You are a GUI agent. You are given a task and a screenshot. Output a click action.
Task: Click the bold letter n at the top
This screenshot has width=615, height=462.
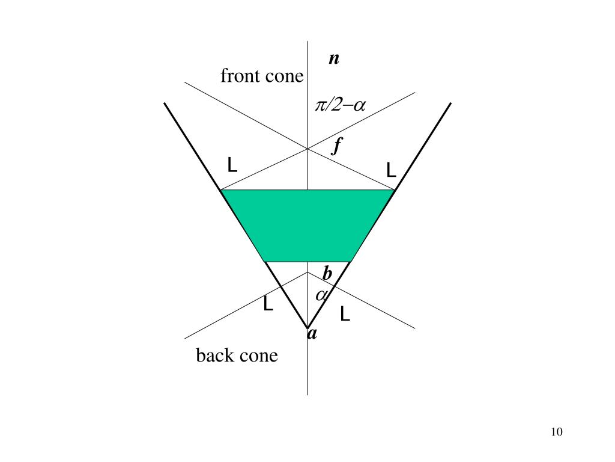pyautogui.click(x=334, y=59)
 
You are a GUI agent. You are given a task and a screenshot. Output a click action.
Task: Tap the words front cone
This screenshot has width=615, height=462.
pyautogui.click(x=262, y=77)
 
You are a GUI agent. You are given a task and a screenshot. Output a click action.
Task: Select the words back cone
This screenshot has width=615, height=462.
pyautogui.click(x=237, y=356)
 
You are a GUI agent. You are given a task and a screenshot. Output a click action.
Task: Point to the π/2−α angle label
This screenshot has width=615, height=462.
pyautogui.click(x=340, y=106)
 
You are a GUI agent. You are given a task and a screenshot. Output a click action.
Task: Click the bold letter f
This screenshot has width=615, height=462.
pyautogui.click(x=338, y=146)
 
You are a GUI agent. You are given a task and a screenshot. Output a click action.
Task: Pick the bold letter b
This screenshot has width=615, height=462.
pyautogui.click(x=327, y=274)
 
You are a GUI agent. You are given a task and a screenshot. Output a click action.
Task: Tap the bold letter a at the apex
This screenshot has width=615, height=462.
pyautogui.click(x=312, y=334)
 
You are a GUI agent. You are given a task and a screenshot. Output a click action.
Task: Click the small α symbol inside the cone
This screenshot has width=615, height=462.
pyautogui.click(x=322, y=295)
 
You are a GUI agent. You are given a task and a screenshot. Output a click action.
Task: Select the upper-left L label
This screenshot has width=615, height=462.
pyautogui.click(x=232, y=165)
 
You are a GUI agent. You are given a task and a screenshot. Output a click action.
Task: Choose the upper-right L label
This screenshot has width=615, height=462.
pyautogui.click(x=391, y=170)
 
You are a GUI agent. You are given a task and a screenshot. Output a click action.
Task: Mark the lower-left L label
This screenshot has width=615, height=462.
pyautogui.click(x=268, y=305)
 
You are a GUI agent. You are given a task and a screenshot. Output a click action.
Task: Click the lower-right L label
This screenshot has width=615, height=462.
pyautogui.click(x=345, y=314)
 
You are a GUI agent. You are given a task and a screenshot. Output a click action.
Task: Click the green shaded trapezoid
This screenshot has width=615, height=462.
pyautogui.click(x=307, y=226)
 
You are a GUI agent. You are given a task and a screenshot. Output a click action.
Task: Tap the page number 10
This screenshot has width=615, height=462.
pyautogui.click(x=556, y=432)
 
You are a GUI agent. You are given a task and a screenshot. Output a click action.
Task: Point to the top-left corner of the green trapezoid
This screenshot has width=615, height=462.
pyautogui.click(x=222, y=190)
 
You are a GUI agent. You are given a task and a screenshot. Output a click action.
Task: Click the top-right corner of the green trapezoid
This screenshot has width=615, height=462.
pyautogui.click(x=395, y=190)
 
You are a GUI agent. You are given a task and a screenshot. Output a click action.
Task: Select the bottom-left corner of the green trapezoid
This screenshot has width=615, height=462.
pyautogui.click(x=266, y=262)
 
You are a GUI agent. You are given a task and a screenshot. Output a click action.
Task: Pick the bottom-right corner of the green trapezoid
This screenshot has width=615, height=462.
pyautogui.click(x=350, y=262)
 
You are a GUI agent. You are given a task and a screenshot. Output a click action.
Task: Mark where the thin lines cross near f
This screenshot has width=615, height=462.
pyautogui.click(x=307, y=149)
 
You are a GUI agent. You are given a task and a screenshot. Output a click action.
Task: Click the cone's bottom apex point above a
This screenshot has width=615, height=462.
pyautogui.click(x=307, y=327)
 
